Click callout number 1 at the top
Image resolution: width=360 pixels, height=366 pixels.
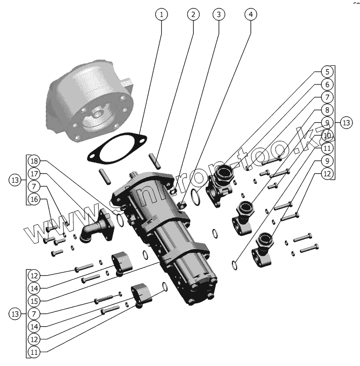[x=161, y=14]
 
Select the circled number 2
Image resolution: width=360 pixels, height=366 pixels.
[x=192, y=14]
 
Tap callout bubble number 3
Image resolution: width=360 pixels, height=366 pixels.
[x=218, y=14]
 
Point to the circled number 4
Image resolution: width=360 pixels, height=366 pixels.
[x=250, y=14]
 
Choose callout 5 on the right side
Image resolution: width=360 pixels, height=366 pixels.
[x=328, y=72]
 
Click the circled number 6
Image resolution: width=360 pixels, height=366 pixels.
[x=328, y=84]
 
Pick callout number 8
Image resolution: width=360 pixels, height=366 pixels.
[x=328, y=110]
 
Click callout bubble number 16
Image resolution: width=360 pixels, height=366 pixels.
[x=34, y=199]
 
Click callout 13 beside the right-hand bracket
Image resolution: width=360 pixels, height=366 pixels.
[x=346, y=123]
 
